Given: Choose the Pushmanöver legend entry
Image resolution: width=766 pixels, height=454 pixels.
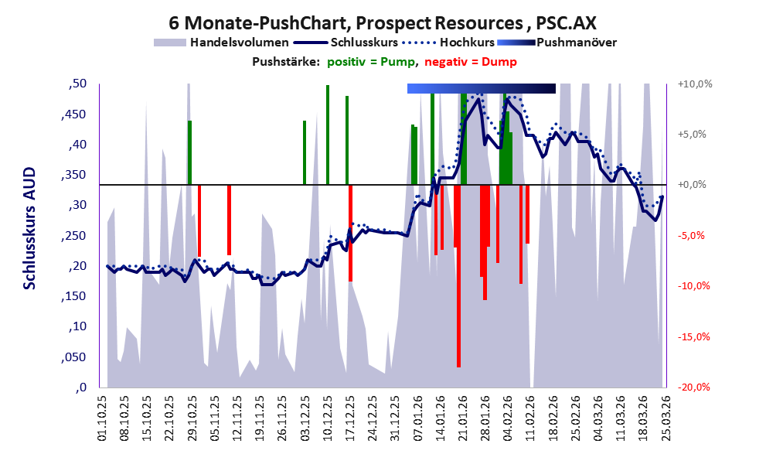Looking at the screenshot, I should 576,43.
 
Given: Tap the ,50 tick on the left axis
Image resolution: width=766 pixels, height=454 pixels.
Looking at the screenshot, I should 77,84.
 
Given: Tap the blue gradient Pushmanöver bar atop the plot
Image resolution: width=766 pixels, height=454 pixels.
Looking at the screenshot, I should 481,89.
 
